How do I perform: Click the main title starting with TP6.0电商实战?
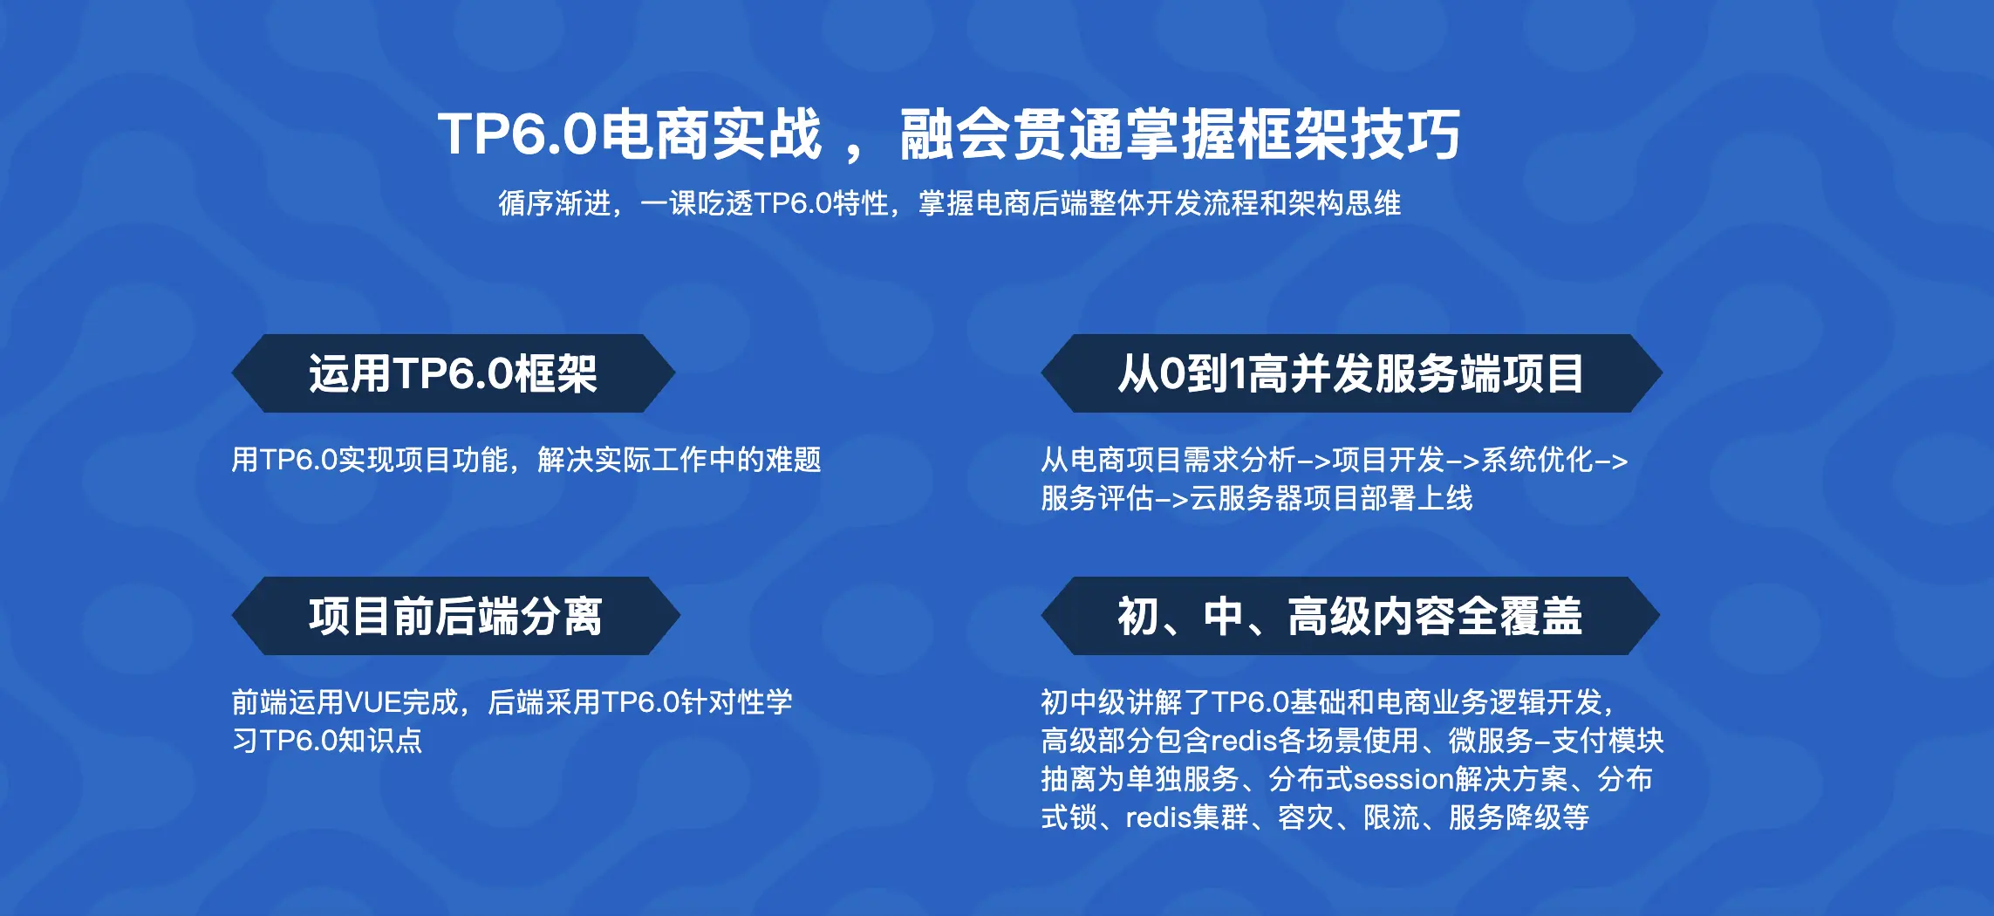[x=949, y=134]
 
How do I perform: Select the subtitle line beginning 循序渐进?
[x=949, y=203]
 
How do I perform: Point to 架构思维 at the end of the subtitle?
[x=1345, y=203]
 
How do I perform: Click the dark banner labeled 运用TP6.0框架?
[x=453, y=373]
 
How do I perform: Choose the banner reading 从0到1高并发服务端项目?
[x=1351, y=373]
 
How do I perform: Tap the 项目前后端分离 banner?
[x=455, y=616]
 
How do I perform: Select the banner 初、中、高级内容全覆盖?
[x=1350, y=616]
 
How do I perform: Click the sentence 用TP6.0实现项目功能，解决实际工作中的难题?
[x=526, y=460]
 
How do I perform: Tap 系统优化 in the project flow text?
[x=1537, y=460]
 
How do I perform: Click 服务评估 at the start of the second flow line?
[x=1097, y=498]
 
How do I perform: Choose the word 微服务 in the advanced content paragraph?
[x=1491, y=741]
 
